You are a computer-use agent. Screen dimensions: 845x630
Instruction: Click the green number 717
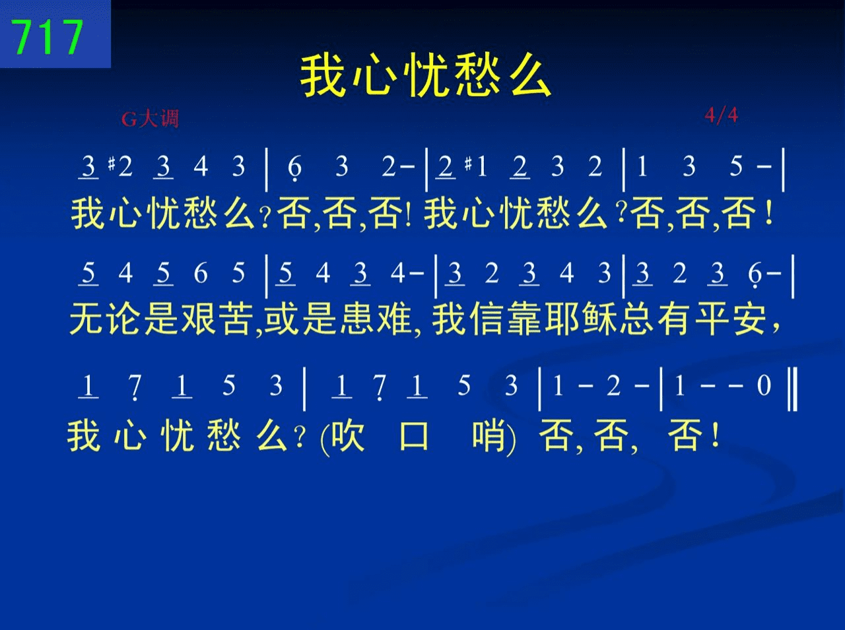[x=48, y=37]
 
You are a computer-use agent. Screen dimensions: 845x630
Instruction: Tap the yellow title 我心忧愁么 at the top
[x=425, y=75]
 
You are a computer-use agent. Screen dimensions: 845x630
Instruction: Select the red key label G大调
[x=150, y=119]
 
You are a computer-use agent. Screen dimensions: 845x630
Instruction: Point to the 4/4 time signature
[x=722, y=115]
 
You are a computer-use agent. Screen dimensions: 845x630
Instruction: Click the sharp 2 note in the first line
[x=121, y=166]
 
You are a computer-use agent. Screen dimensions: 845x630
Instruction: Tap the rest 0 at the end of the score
[x=764, y=385]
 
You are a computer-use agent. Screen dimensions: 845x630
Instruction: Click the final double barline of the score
[x=792, y=389]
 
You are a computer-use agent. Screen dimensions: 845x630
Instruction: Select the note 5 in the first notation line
[x=736, y=166]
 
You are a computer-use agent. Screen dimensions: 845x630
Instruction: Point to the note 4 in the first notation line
[x=201, y=166]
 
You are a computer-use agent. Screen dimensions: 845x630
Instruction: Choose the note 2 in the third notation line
[x=614, y=385]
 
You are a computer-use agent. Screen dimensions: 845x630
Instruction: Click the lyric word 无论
[x=105, y=319]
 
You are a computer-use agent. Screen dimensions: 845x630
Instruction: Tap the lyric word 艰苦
[x=217, y=319]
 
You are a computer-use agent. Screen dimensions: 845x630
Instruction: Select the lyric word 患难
[x=376, y=319]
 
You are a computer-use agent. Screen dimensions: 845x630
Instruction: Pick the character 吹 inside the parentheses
[x=348, y=436]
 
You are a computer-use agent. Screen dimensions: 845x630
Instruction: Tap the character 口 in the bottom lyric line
[x=414, y=436]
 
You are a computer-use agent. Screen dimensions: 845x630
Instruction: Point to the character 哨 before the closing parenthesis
[x=489, y=436]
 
